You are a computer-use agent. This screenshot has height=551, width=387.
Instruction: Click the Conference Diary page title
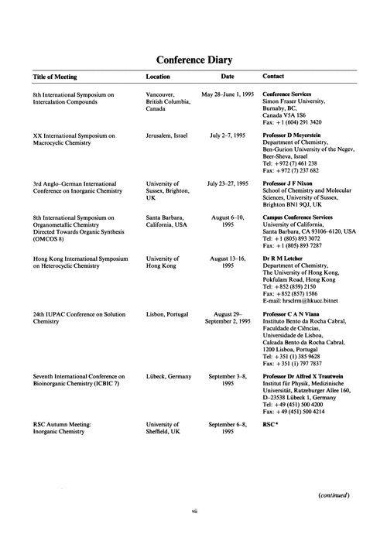point(193,60)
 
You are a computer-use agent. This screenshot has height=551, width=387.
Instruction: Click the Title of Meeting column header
point(60,77)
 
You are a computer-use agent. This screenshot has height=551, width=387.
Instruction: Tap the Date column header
point(227,77)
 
